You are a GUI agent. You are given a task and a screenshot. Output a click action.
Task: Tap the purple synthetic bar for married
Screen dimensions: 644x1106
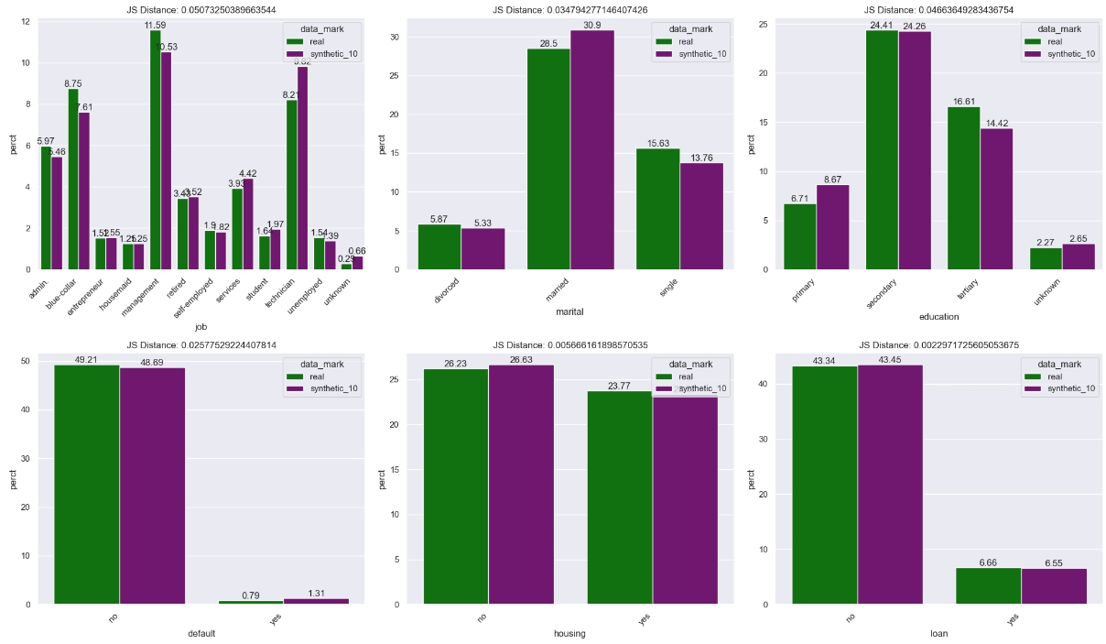592,151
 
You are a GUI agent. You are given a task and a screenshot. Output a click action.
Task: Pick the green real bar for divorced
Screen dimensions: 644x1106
439,247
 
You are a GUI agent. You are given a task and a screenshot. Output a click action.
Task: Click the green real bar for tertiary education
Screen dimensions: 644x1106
963,189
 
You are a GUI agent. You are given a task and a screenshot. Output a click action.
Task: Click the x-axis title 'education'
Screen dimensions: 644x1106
938,317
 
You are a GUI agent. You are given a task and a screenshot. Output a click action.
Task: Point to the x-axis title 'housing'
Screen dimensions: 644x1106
569,633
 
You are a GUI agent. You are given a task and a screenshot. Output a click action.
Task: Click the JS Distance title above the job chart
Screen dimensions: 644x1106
201,9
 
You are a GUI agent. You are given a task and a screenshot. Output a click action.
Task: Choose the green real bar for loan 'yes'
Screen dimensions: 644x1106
988,586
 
